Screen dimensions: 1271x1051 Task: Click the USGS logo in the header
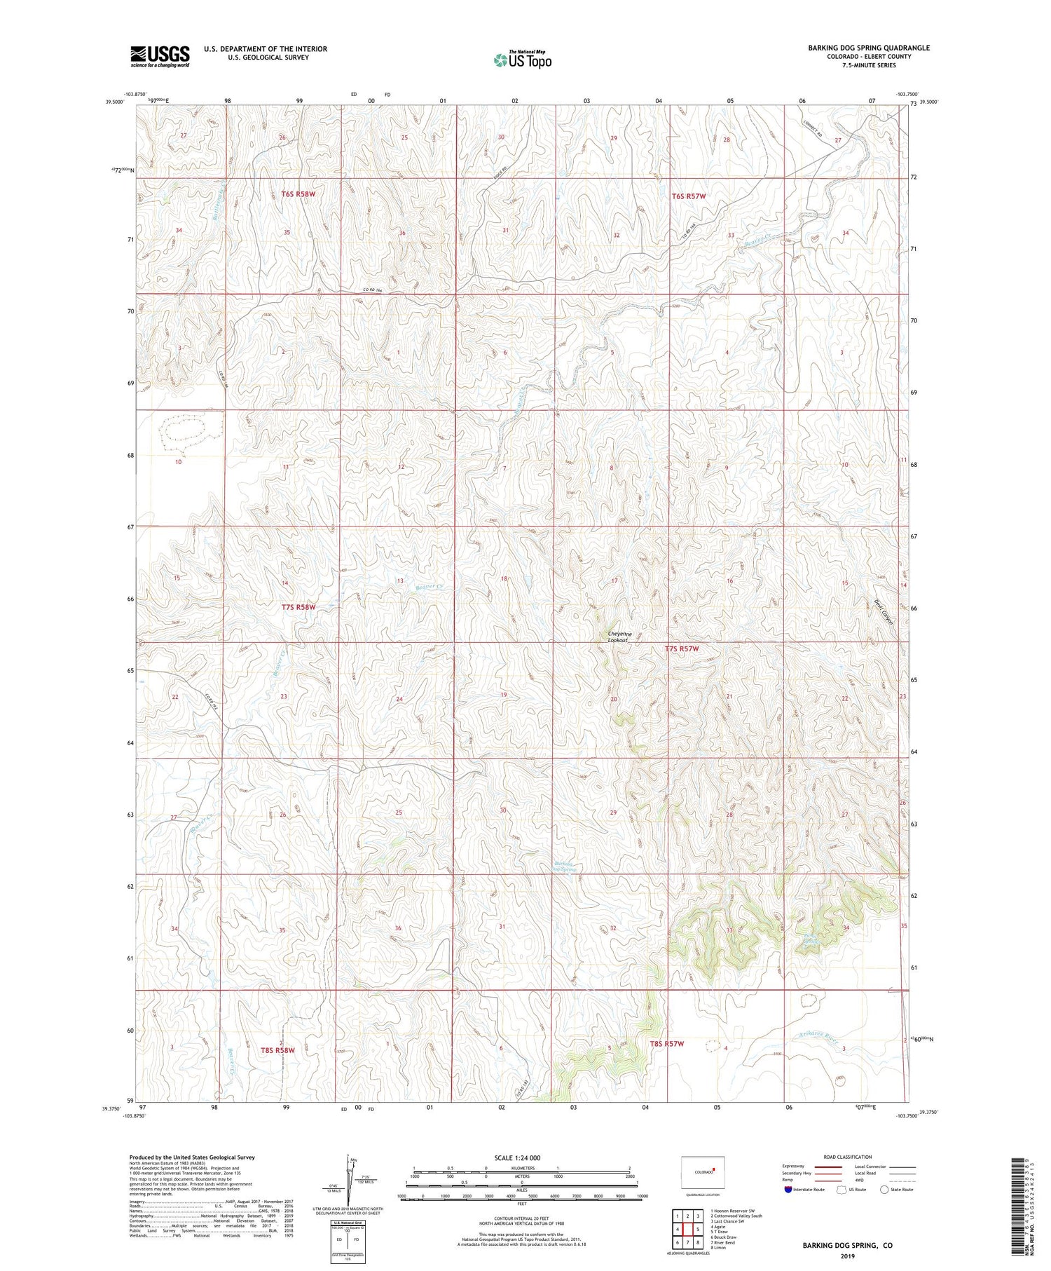tap(160, 56)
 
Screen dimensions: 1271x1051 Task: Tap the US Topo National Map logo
tap(522, 60)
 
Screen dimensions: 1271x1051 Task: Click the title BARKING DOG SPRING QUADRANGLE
tap(868, 48)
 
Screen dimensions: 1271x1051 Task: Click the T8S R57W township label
tap(666, 1044)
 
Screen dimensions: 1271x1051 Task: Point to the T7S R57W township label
tap(682, 649)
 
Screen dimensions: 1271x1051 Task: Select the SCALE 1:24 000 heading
tap(517, 1157)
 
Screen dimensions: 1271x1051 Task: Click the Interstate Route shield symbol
tap(788, 1190)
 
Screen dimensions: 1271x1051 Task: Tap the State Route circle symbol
tap(884, 1190)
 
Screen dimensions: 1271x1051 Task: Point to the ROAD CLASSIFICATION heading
tap(848, 1157)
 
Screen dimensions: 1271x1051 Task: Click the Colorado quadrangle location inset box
tap(703, 1171)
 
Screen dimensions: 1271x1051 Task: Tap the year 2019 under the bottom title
tap(848, 1256)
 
